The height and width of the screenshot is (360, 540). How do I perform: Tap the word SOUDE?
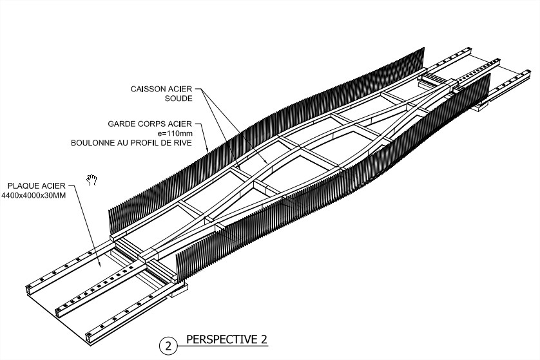pyautogui.click(x=178, y=99)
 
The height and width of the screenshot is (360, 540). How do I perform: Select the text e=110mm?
pyautogui.click(x=175, y=133)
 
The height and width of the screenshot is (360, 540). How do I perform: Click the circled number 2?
pyautogui.click(x=168, y=346)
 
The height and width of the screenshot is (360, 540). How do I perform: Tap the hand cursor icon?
pyautogui.click(x=92, y=180)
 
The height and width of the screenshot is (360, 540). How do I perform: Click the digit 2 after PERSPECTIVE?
pyautogui.click(x=264, y=339)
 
